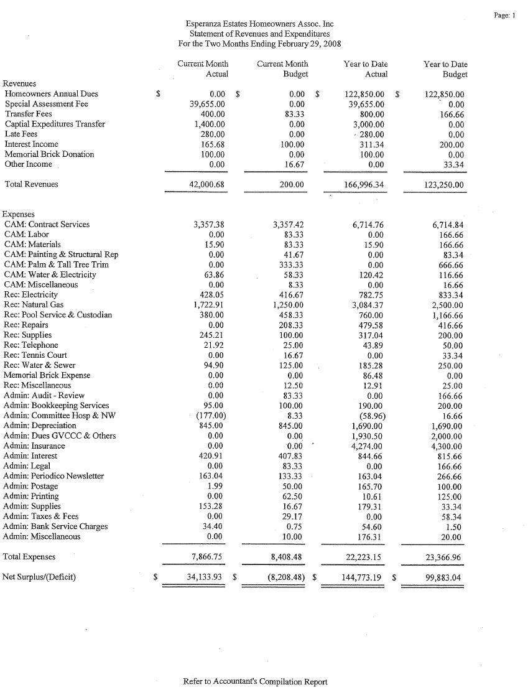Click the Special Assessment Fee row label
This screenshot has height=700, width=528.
coord(46,104)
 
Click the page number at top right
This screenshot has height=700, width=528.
coord(505,14)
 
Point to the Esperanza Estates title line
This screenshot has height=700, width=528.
coord(259,24)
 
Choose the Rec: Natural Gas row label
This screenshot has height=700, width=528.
coord(34,305)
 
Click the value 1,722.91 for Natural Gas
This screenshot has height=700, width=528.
coord(208,305)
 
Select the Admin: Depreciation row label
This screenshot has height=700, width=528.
coord(40,426)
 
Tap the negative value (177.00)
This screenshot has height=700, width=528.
coord(210,416)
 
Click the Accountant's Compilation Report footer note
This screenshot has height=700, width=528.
coord(255,682)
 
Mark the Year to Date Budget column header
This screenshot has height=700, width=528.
coord(445,69)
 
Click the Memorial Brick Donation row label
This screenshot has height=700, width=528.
coord(49,154)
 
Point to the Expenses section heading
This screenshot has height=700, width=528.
coord(19,214)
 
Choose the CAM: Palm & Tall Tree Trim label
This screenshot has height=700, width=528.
coord(56,264)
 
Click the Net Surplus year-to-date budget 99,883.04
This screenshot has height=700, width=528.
coord(440,577)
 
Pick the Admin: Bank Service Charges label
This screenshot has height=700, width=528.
coord(55,526)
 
